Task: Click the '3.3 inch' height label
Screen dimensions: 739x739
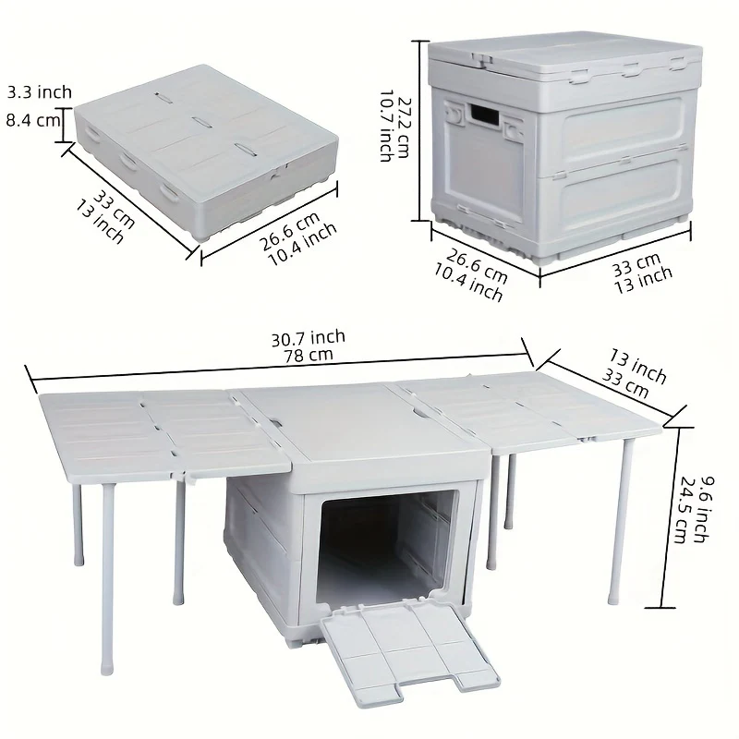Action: pos(40,91)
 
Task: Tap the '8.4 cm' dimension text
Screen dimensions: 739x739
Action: pos(33,120)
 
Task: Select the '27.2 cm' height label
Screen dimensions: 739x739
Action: pos(405,127)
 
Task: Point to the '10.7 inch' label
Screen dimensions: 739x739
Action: pos(387,126)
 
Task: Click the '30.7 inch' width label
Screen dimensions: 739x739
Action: pos(309,338)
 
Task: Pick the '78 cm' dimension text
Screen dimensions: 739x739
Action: pos(309,356)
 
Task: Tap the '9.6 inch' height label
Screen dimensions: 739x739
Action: pos(706,510)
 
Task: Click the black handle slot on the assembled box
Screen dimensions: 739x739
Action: pos(485,115)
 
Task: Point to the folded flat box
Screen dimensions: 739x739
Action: pos(206,151)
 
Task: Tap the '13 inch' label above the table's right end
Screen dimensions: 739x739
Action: pos(638,366)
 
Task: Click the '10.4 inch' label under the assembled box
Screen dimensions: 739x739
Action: pos(468,283)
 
